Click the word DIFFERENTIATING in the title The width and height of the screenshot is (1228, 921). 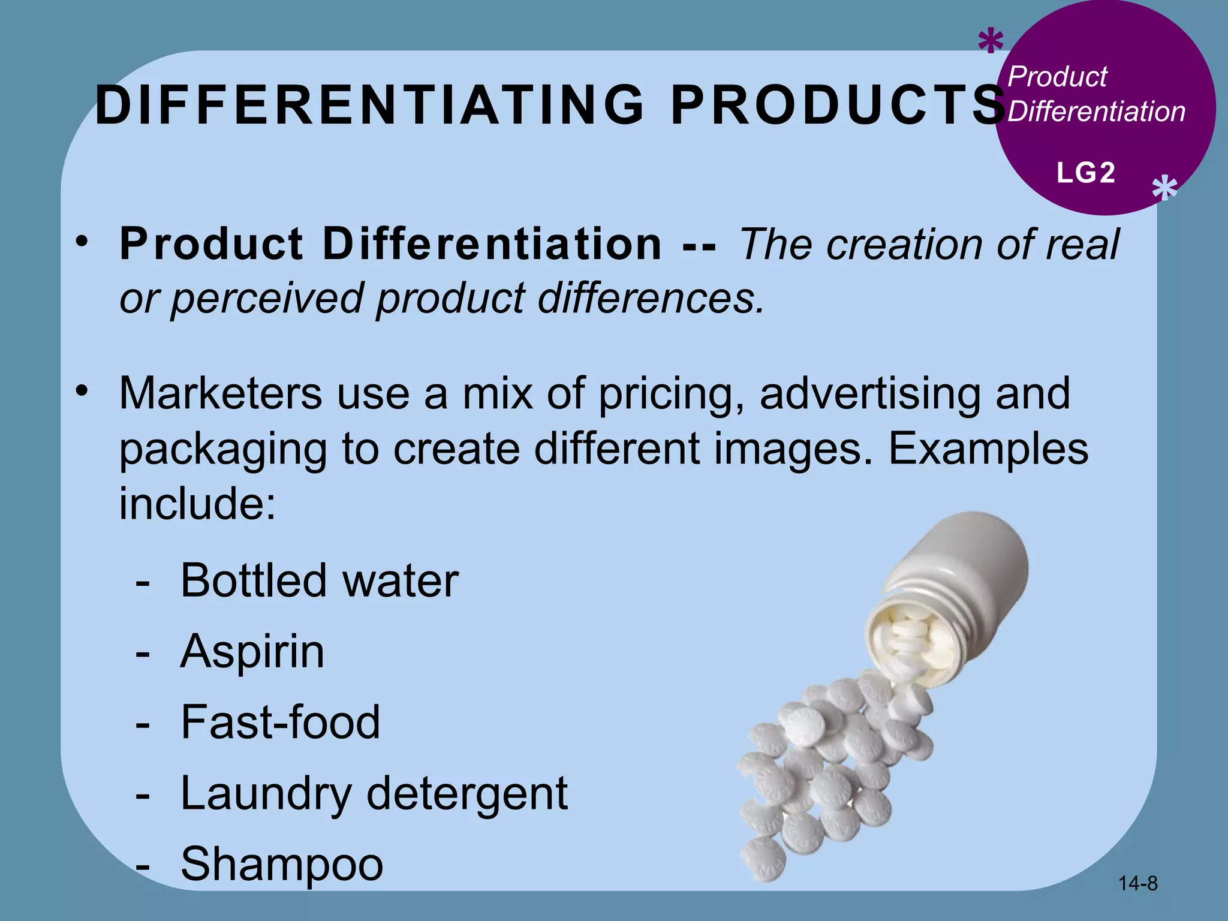tap(369, 106)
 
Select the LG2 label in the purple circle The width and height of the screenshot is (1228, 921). tap(1085, 173)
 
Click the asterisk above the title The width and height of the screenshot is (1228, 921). tap(991, 43)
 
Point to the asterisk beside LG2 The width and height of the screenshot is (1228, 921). tap(1164, 189)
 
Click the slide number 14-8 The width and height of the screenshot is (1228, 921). tap(1138, 883)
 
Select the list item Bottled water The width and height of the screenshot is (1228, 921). tap(319, 580)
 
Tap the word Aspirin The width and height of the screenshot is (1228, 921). tap(252, 651)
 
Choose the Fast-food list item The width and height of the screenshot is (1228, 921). tap(280, 722)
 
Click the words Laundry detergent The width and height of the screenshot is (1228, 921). tap(374, 793)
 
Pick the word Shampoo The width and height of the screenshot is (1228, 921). tap(282, 863)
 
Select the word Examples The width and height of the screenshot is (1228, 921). tap(988, 449)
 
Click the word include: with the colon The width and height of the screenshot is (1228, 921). tap(197, 504)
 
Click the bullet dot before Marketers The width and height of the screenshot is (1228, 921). tap(82, 392)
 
